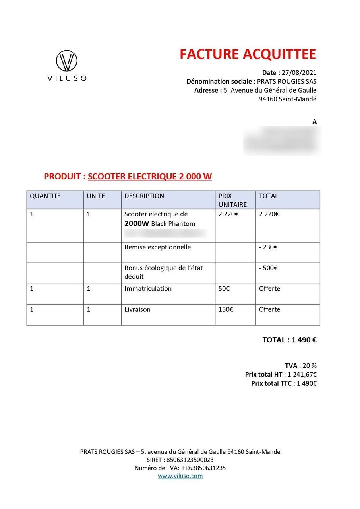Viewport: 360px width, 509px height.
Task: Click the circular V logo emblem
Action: (66, 61)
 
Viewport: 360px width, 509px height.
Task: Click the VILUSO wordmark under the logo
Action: (67, 78)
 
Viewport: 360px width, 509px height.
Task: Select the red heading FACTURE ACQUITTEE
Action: (248, 54)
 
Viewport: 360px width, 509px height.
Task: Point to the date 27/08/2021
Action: (299, 73)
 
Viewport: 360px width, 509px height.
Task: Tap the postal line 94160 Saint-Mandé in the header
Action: (287, 99)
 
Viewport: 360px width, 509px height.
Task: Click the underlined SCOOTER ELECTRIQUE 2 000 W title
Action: (149, 177)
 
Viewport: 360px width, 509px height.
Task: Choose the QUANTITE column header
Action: (45, 196)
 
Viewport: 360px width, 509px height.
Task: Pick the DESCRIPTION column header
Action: (144, 196)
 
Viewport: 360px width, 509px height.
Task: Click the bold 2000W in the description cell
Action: (137, 223)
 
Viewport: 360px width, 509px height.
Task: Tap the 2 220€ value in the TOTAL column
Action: (269, 214)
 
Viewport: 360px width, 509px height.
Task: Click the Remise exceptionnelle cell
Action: (157, 247)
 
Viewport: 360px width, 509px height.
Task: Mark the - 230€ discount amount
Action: (268, 247)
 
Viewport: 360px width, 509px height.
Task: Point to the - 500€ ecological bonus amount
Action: (268, 268)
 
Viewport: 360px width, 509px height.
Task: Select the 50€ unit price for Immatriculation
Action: (224, 289)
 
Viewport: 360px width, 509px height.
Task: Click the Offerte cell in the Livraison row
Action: (269, 309)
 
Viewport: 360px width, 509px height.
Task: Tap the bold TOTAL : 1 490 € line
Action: (289, 340)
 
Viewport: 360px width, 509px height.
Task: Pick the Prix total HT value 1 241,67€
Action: (302, 375)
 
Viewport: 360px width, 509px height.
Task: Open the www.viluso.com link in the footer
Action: (180, 476)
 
